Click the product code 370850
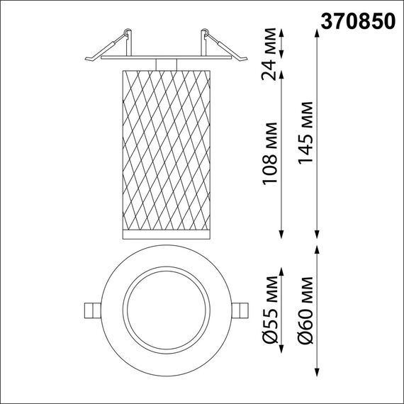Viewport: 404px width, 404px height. click(359, 22)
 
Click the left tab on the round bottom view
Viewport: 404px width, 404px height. click(91, 310)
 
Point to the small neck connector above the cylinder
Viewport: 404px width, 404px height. click(166, 64)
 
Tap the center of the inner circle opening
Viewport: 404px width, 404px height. click(166, 310)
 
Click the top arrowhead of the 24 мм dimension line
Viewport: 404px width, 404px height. click(282, 33)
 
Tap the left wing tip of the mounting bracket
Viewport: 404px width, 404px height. click(85, 57)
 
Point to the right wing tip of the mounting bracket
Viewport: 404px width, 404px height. click(246, 57)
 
